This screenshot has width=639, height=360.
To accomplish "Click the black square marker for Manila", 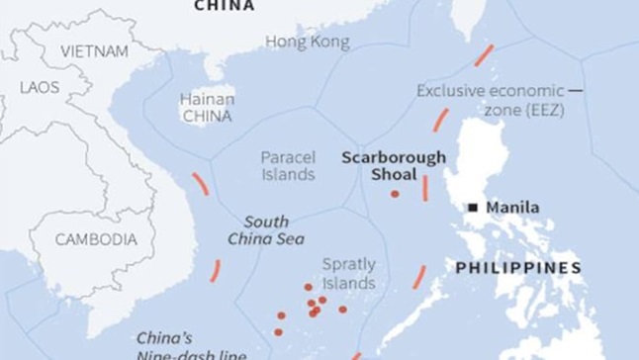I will [474, 208].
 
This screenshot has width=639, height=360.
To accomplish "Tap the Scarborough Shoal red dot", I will [395, 194].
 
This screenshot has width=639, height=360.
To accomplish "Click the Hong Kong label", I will [307, 43].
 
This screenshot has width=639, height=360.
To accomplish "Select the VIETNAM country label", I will [94, 50].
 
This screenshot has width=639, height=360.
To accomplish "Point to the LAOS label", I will [41, 87].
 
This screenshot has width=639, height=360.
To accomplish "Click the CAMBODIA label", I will [96, 239].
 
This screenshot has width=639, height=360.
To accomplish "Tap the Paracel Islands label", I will [288, 166].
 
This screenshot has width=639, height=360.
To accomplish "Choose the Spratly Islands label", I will [349, 274].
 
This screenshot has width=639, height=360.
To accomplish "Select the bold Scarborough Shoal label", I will [394, 165].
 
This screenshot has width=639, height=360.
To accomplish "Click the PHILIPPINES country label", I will [517, 268].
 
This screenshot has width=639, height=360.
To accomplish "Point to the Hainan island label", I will [207, 107].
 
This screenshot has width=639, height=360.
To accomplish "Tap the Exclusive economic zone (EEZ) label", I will [492, 100].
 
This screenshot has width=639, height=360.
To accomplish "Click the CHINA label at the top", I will [224, 6].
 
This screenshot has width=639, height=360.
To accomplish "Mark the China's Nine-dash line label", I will [191, 345].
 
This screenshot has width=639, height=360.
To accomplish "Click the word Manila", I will [512, 208].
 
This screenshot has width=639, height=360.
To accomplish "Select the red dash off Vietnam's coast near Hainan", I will [200, 184].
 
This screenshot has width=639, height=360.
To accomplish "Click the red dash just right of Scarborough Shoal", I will [425, 188].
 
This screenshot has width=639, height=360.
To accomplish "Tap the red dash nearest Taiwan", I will [484, 55].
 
